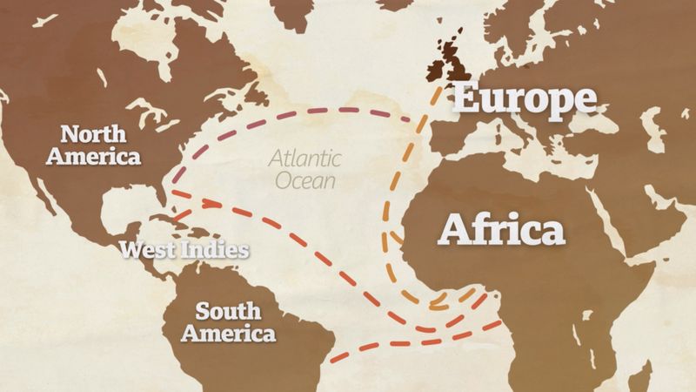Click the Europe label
525,99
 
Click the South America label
235,321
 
